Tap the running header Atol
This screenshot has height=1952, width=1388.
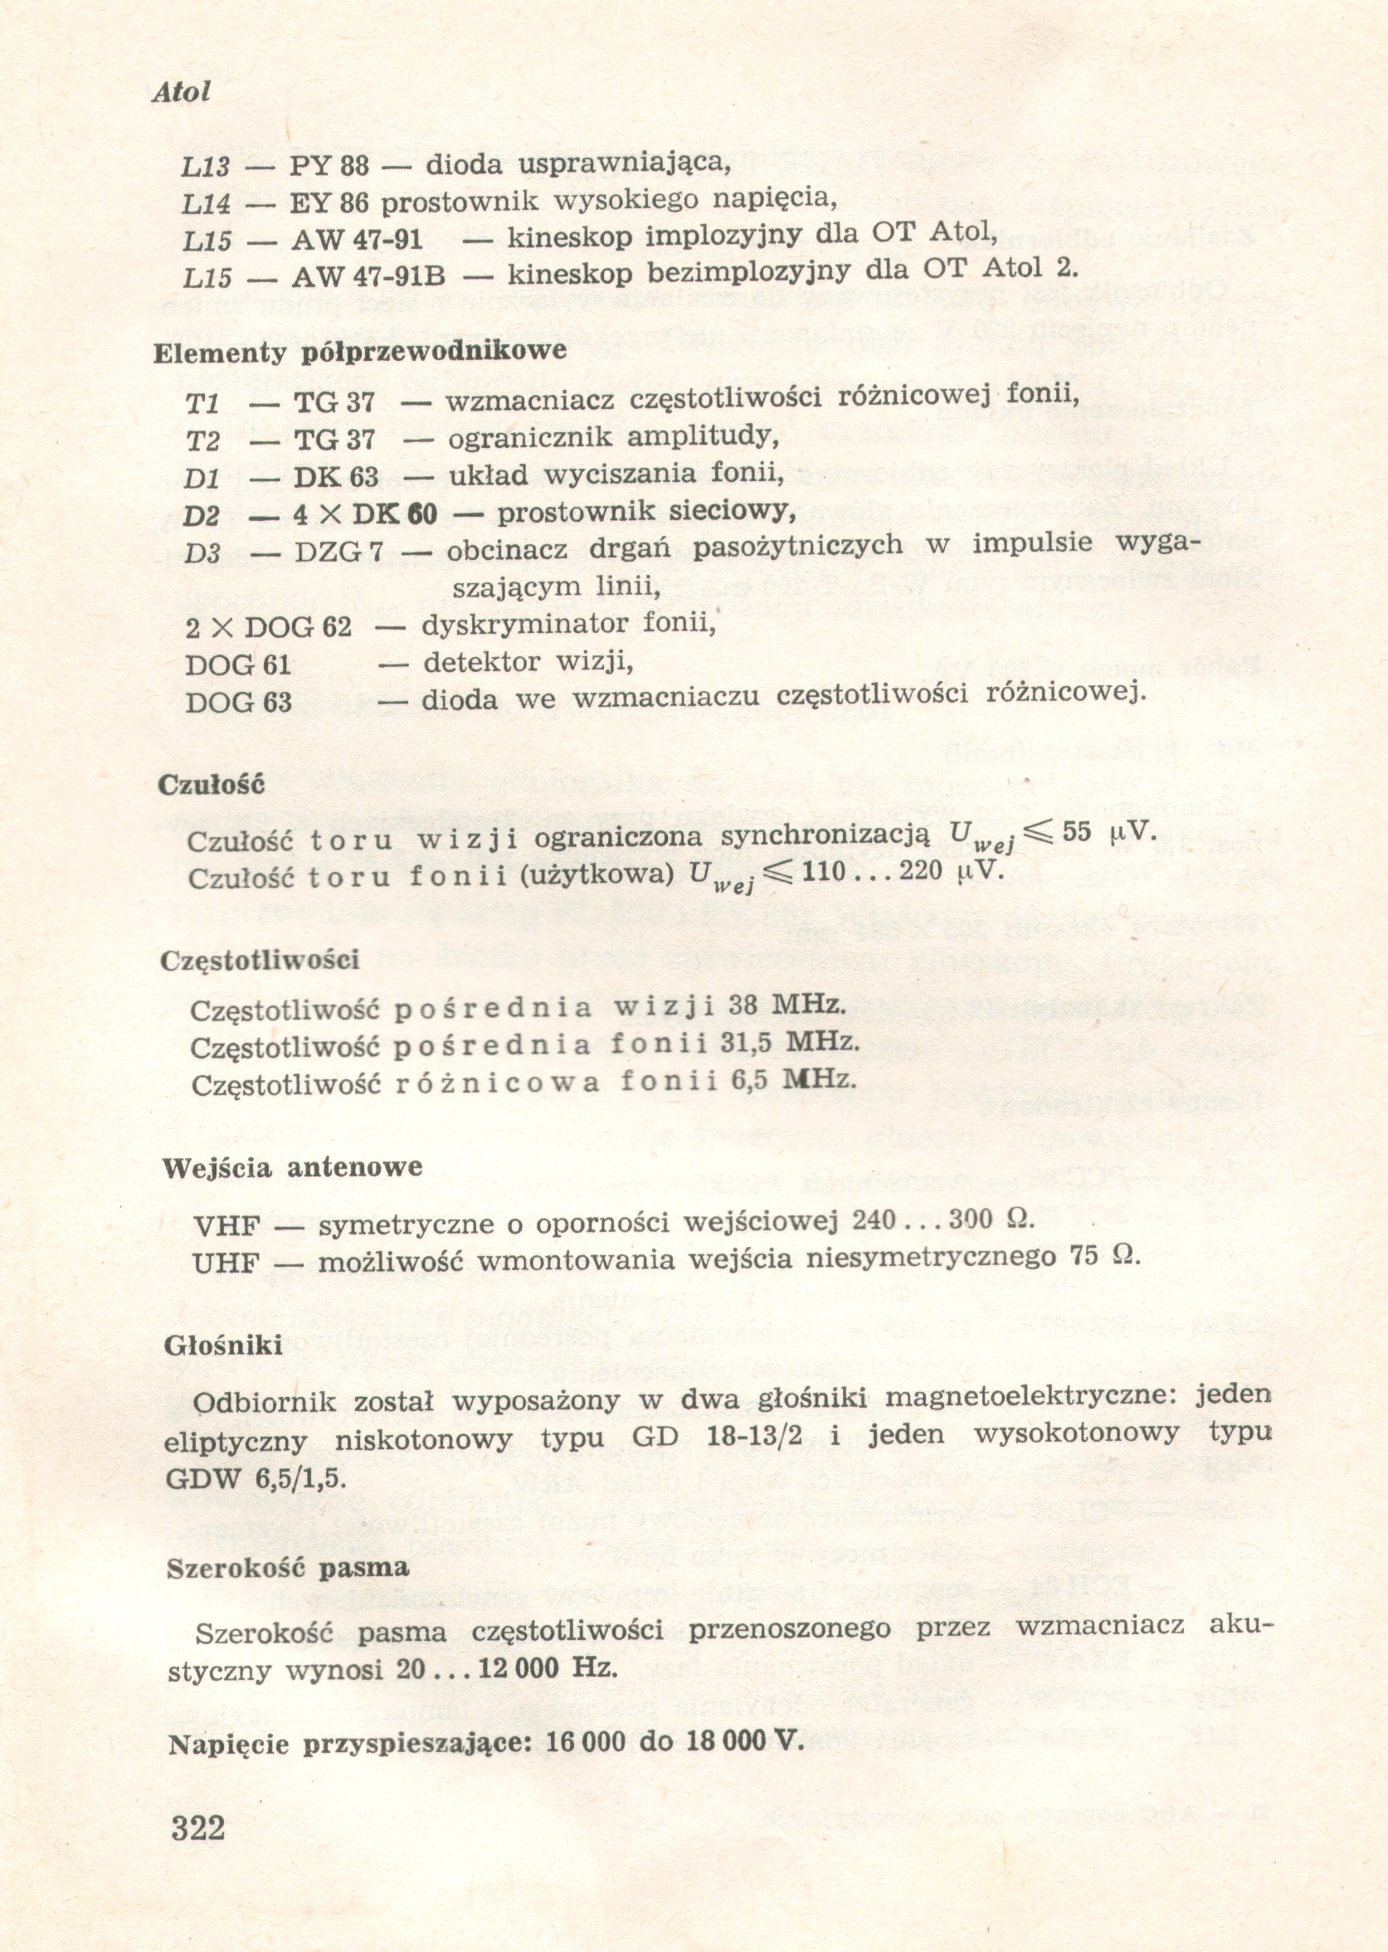pyautogui.click(x=181, y=92)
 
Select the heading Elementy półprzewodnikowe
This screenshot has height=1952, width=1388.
pyautogui.click(x=360, y=352)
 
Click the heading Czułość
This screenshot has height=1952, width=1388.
pyautogui.click(x=212, y=785)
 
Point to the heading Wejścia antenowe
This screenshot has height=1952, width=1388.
pyautogui.click(x=292, y=1166)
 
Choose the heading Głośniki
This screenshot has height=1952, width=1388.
pyautogui.click(x=223, y=1346)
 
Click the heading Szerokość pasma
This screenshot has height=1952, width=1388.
pyautogui.click(x=287, y=1567)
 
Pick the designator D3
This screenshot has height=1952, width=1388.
pyautogui.click(x=202, y=553)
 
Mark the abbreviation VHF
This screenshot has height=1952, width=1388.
pyautogui.click(x=226, y=1226)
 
